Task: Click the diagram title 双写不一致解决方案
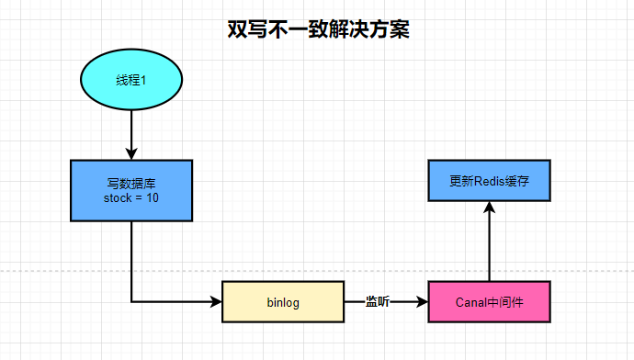[318, 28]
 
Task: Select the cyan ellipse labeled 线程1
[131, 80]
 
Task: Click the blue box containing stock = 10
[131, 190]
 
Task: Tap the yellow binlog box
[283, 301]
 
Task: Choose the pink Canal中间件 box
[489, 301]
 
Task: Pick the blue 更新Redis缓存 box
[489, 181]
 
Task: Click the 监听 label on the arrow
[378, 301]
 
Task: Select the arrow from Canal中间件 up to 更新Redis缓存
[489, 243]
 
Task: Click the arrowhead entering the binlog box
[215, 301]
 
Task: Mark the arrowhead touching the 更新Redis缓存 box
[489, 209]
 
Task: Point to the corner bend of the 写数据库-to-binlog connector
[131, 301]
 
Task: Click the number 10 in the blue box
[153, 197]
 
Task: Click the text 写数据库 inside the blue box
[131, 184]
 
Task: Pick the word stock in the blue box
[118, 197]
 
